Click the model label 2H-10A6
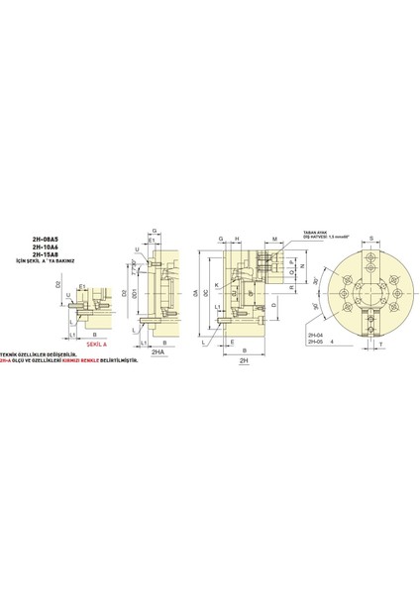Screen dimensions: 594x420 (46, 250)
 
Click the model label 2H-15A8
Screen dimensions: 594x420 (46, 258)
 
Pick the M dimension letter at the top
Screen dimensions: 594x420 (272, 239)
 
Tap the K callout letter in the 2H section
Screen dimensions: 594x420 (217, 286)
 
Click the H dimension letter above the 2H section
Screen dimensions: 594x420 (239, 239)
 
